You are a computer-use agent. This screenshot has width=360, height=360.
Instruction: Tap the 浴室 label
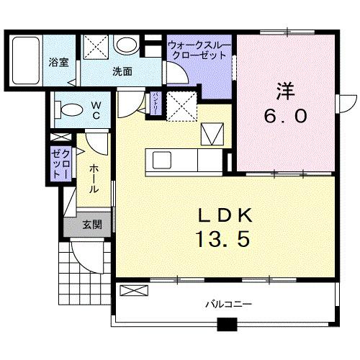pyautogui.click(x=59, y=62)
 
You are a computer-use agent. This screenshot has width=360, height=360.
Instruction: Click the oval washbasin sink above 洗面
pyautogui.click(x=127, y=46)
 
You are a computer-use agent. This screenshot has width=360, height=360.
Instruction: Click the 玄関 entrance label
pyautogui.click(x=91, y=225)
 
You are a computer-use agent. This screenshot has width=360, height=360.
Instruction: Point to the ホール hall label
pyautogui.click(x=94, y=177)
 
